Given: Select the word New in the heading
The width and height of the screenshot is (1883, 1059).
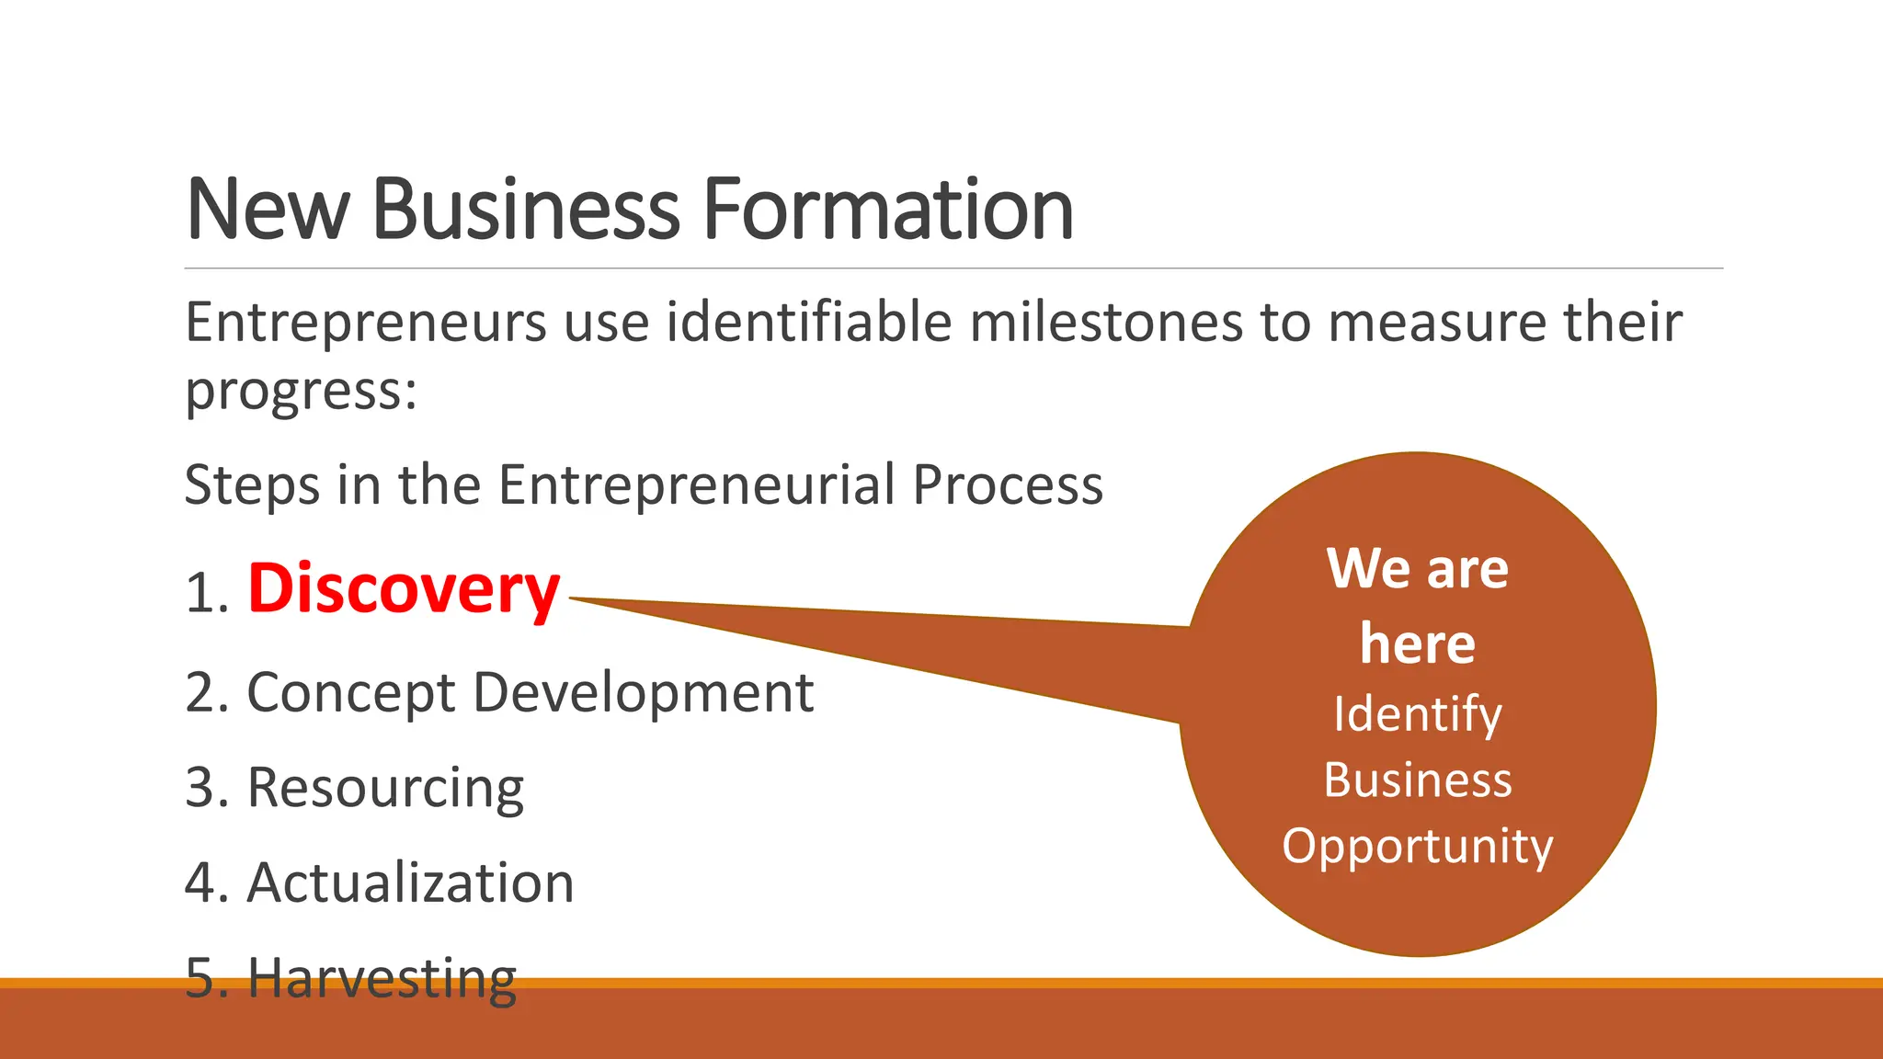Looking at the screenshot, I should [x=268, y=210].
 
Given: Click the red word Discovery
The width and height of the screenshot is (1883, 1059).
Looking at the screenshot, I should [x=404, y=589].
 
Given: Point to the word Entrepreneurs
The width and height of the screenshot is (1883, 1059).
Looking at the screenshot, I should [x=366, y=324].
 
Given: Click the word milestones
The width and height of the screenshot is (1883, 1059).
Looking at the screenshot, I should [x=1106, y=324].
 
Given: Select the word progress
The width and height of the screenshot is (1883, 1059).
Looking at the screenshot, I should [x=294, y=392].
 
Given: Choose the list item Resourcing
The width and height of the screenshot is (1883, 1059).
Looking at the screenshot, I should [x=385, y=788].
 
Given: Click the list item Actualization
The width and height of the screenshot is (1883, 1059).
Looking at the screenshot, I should [x=410, y=882].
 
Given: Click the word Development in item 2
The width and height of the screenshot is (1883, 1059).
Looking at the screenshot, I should [x=643, y=692].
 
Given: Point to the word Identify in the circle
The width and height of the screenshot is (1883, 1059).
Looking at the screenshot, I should [x=1417, y=714].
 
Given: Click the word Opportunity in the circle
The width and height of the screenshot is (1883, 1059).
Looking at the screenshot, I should [x=1417, y=846].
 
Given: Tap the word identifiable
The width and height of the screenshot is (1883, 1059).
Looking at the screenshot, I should [x=809, y=324].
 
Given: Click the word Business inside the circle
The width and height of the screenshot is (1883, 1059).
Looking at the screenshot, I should [x=1417, y=780].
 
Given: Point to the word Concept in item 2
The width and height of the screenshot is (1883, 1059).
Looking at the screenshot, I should [x=351, y=692].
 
